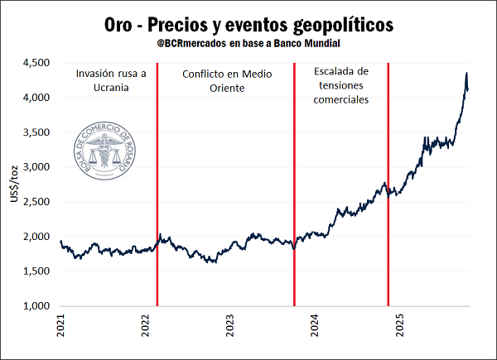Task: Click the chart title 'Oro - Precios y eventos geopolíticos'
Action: (248, 23)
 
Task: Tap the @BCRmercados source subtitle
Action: (248, 43)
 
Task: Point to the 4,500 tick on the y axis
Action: (37, 63)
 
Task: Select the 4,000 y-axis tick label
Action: (37, 98)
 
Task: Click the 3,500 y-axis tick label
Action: (37, 132)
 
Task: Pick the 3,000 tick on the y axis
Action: (37, 167)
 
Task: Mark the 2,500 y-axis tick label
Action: (37, 202)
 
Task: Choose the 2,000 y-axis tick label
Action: (37, 237)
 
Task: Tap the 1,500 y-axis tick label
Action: (37, 271)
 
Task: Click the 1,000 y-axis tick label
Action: (37, 306)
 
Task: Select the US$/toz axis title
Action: (12, 184)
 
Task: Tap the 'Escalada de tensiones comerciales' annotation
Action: (341, 85)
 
